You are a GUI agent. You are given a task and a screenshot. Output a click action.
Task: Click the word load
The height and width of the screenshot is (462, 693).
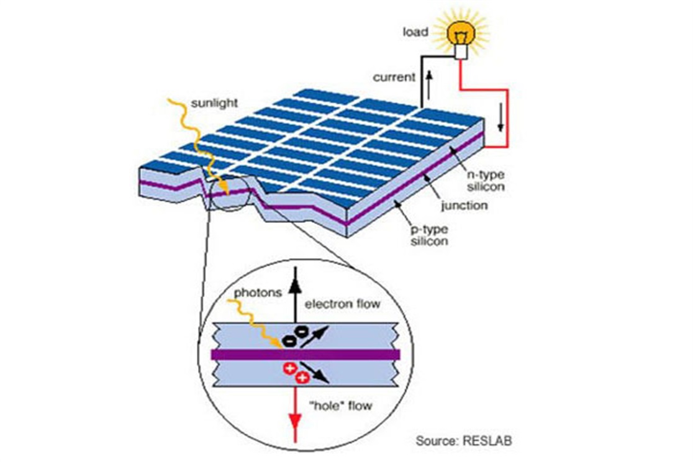click(415, 32)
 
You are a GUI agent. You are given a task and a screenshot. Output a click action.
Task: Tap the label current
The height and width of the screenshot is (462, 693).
click(394, 78)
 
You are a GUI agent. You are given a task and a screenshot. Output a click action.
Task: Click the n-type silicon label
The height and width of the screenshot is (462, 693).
click(485, 181)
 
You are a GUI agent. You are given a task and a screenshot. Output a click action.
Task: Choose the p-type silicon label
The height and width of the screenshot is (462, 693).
click(428, 235)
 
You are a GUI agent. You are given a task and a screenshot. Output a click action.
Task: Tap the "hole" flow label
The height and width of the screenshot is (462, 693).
click(341, 406)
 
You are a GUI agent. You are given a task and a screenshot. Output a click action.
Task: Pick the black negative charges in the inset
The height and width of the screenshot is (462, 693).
click(295, 335)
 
